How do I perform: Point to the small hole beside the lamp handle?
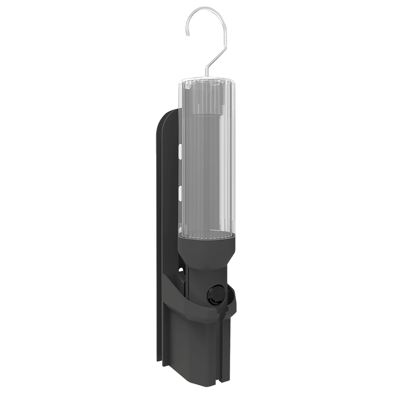(181, 270)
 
